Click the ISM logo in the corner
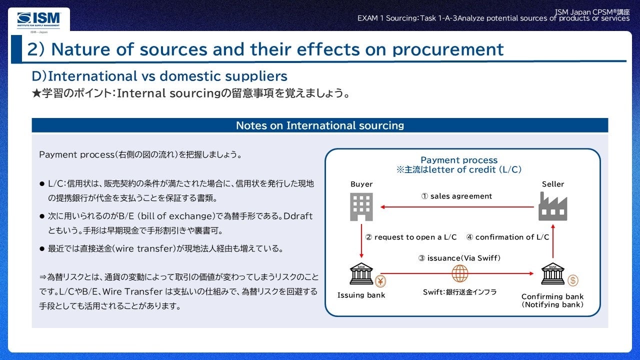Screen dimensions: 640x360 39,20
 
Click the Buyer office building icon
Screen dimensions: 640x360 361,207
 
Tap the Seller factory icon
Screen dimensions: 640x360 553,206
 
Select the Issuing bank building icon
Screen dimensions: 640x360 361,273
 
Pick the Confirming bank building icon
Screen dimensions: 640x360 553,273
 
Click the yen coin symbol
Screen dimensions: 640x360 380,281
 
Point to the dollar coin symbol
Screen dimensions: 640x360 573,280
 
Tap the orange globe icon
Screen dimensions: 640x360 460,273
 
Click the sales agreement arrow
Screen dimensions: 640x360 457,207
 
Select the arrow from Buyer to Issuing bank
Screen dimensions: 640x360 361,241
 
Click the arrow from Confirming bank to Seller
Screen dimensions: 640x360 553,241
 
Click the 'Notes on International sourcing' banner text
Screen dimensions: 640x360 320,125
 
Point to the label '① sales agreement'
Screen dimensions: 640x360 456,196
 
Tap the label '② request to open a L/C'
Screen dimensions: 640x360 411,237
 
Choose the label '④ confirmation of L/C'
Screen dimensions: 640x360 507,237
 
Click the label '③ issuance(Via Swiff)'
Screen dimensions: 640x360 459,258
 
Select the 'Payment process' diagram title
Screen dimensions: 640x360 459,160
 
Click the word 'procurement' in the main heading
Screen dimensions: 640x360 448,49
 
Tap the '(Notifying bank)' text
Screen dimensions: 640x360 552,304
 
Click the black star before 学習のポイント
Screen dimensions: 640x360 37,93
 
